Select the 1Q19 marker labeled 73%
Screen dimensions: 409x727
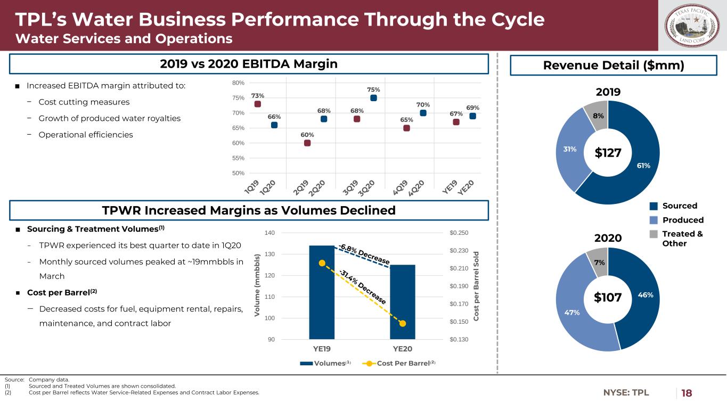258,104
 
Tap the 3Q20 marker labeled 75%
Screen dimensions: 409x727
373,98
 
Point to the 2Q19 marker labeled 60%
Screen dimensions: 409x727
307,143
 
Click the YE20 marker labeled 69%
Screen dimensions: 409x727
472,116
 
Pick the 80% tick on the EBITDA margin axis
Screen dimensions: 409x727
238,83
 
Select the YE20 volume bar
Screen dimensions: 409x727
403,301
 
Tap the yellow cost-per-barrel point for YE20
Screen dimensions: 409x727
403,323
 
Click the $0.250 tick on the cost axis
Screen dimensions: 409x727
459,233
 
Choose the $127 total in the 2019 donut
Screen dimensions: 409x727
608,153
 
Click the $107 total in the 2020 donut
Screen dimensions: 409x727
608,298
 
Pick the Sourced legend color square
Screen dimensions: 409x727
654,206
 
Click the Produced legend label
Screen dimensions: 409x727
683,220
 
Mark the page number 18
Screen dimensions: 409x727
687,393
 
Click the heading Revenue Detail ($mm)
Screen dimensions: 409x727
612,65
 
